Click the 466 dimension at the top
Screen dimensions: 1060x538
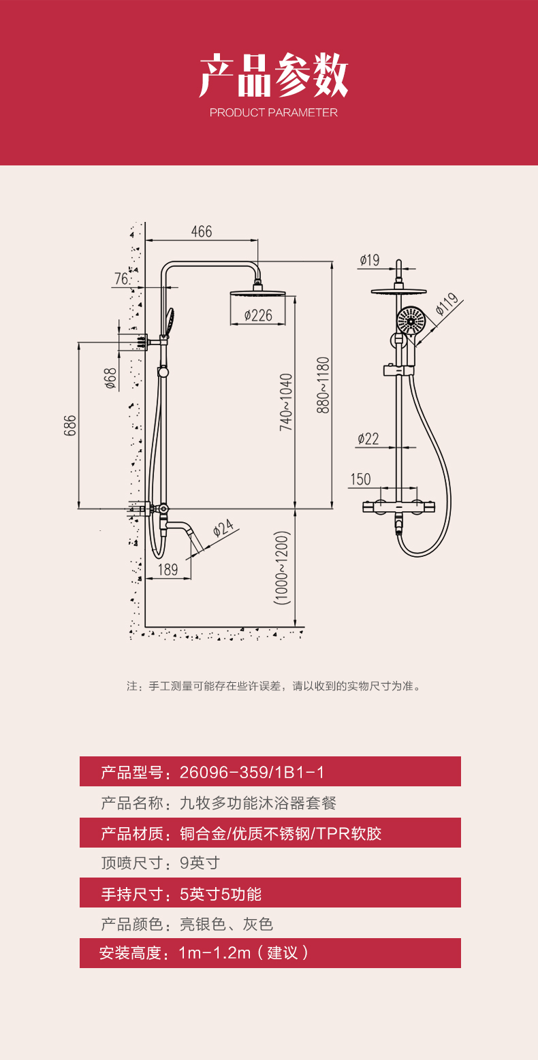point(202,231)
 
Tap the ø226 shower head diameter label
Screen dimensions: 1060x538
point(257,315)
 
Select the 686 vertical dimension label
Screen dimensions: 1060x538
point(70,425)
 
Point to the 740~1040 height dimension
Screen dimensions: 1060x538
point(286,402)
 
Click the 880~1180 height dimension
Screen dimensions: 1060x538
point(323,385)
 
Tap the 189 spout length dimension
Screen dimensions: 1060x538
point(168,570)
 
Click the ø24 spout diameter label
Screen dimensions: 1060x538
point(223,528)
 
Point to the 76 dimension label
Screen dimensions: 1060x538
point(122,279)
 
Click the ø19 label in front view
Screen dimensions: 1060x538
point(369,260)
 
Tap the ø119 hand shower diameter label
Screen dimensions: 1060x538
point(447,304)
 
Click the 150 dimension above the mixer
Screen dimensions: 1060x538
point(360,479)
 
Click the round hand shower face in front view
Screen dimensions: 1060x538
point(411,319)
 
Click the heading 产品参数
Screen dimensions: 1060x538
point(274,76)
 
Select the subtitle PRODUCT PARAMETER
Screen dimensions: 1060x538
point(274,113)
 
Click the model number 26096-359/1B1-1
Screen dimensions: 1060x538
point(252,772)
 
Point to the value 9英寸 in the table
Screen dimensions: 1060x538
point(200,863)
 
